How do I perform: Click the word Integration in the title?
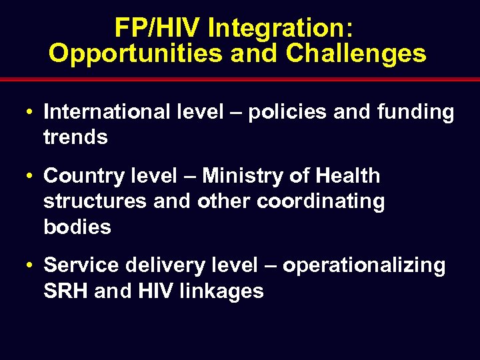pyautogui.click(x=281, y=28)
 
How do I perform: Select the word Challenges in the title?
pyautogui.click(x=356, y=54)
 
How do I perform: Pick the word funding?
pyautogui.click(x=413, y=112)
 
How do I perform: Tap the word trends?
pyautogui.click(x=75, y=137)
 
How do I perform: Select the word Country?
pyautogui.click(x=83, y=176)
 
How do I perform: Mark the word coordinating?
pyautogui.click(x=321, y=201)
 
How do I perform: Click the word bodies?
pyautogui.click(x=77, y=227)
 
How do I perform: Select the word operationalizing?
pyautogui.click(x=364, y=265)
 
